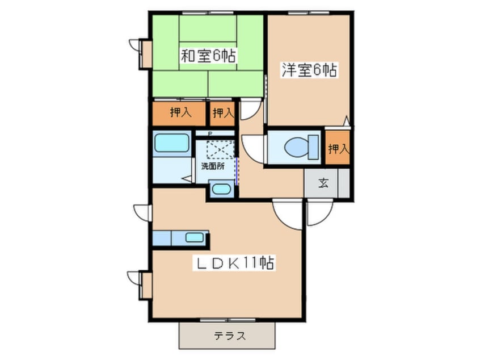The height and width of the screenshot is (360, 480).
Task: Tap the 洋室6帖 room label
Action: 309,70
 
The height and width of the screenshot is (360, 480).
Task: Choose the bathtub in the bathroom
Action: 171,143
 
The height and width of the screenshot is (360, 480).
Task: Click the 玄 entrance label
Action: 323,183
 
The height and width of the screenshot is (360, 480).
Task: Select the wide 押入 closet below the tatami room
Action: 179,113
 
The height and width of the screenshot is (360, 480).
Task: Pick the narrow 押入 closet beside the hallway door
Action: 223,113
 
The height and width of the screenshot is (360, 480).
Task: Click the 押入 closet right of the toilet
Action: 338,149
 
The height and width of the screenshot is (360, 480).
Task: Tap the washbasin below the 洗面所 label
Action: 221,189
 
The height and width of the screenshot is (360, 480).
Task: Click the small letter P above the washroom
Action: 210,134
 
